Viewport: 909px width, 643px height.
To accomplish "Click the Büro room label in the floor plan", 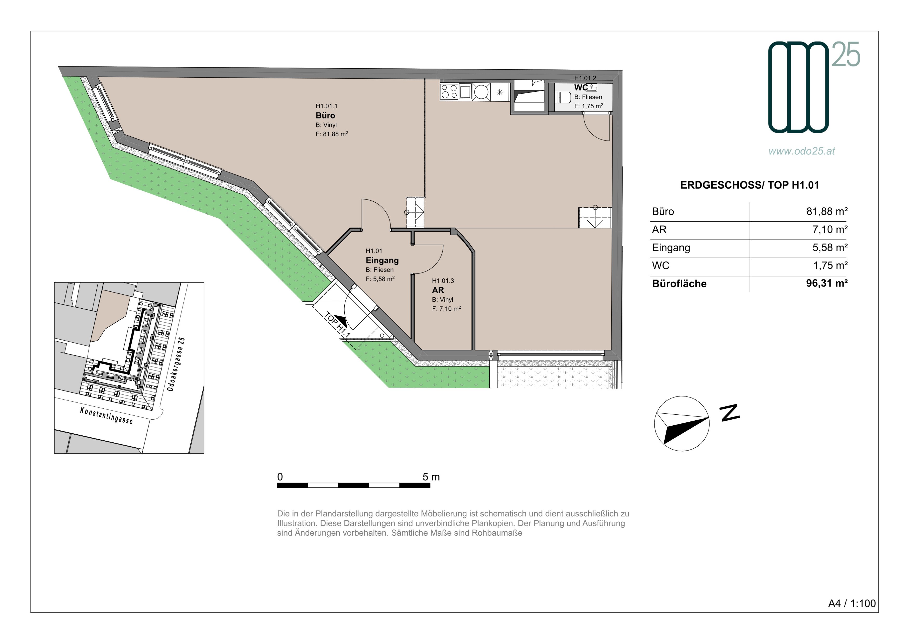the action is point(325,116).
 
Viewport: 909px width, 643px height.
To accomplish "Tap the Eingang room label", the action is point(382,261).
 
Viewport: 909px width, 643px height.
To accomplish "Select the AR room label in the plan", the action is point(438,290).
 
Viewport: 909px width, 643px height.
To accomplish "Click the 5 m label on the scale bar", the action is point(431,477).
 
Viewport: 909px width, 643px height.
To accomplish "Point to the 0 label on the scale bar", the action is point(280,477).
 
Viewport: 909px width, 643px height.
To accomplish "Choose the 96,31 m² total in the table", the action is point(827,283).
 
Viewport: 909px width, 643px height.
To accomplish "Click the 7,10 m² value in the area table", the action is point(830,229).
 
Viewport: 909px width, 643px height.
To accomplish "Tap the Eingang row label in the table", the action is point(671,248).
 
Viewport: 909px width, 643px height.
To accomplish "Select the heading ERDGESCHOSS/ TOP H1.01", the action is point(750,185).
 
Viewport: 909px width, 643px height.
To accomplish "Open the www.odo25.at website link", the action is point(802,151).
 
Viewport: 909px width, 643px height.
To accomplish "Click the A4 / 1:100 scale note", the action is point(852,604).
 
